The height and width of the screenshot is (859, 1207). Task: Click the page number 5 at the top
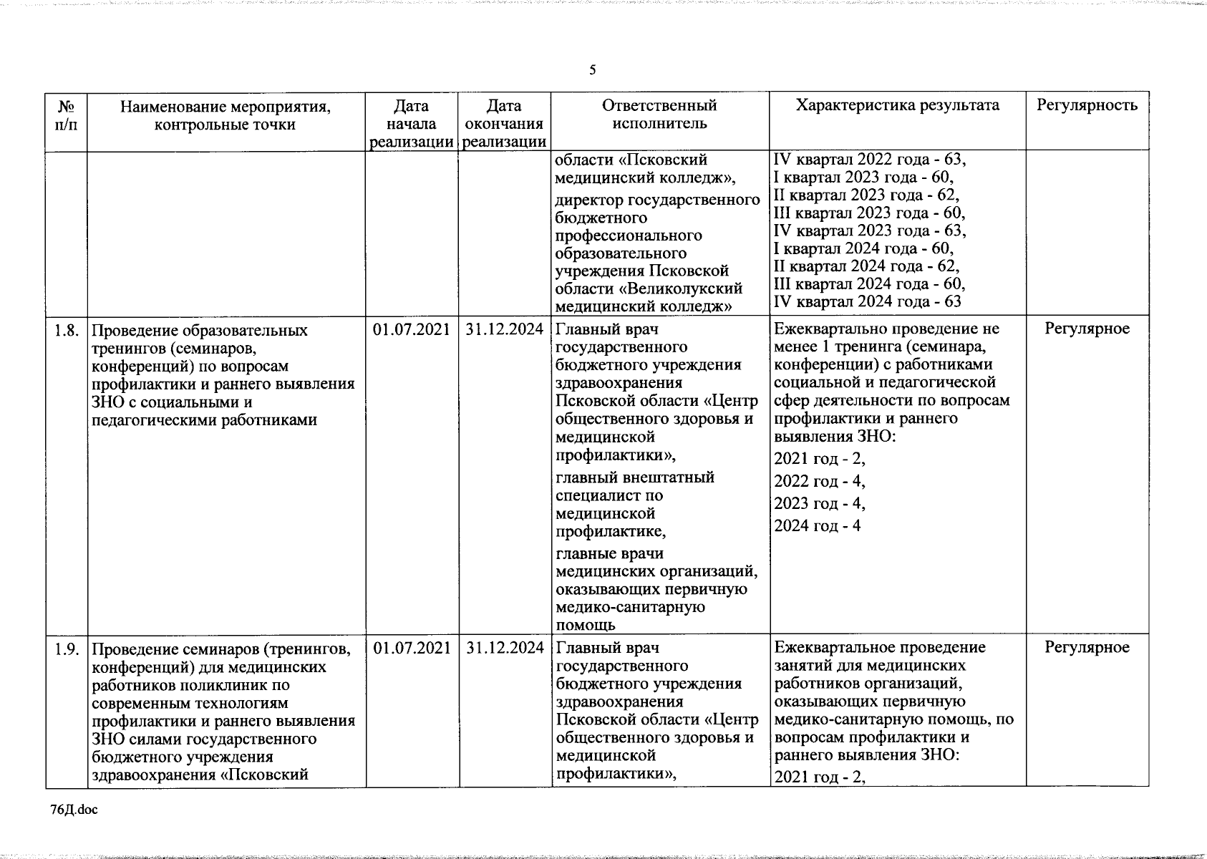point(592,69)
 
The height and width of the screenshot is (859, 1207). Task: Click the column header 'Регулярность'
point(1087,106)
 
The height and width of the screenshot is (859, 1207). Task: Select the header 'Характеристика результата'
point(898,106)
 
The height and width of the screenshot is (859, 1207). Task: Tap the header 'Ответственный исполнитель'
point(659,115)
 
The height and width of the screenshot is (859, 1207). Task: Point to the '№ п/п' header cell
point(66,115)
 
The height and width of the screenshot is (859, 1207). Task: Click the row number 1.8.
point(67,330)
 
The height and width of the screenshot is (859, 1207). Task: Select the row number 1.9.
point(67,649)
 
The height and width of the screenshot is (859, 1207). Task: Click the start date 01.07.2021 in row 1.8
point(412,329)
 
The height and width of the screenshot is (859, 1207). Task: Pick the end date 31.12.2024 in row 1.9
point(505,648)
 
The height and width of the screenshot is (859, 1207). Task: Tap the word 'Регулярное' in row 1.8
point(1087,329)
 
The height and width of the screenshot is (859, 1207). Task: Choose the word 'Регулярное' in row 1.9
point(1087,648)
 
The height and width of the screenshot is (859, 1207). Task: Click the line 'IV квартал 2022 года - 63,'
point(870,160)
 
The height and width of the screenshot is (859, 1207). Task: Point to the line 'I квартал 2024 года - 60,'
point(863,248)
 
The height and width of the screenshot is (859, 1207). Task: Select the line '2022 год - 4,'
point(819,481)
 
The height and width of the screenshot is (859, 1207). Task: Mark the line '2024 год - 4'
point(817,526)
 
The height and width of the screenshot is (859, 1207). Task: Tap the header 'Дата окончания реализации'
point(505,124)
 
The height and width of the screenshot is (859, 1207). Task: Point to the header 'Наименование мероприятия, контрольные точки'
point(226,115)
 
